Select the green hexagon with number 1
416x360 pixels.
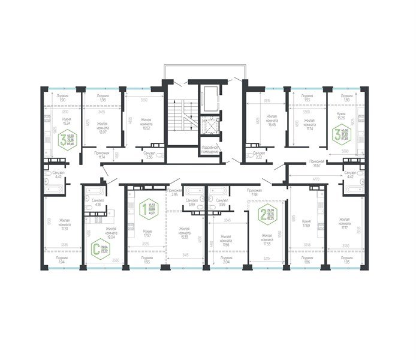[x=143, y=209]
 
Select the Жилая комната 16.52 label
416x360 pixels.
[x=147, y=124]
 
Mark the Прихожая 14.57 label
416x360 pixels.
[x=316, y=164]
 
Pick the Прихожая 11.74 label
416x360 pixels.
[x=101, y=155]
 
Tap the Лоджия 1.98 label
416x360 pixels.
[x=103, y=98]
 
